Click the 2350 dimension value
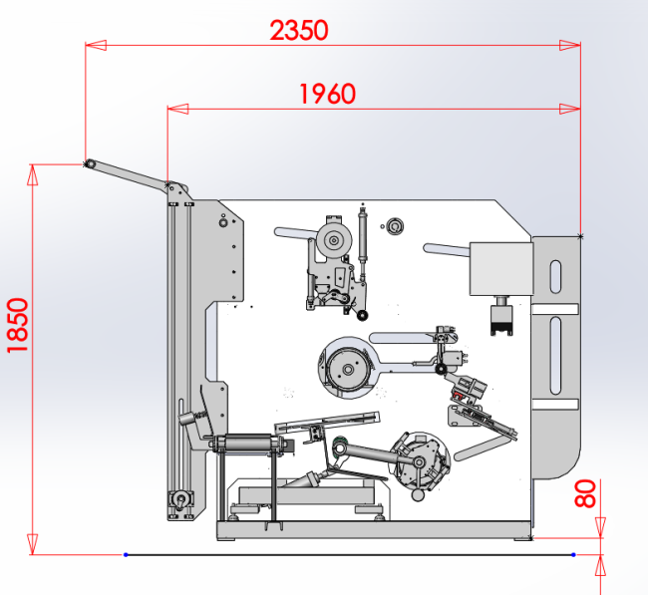[x=299, y=30]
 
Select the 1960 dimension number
[x=327, y=94]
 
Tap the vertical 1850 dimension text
[x=18, y=325]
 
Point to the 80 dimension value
[x=585, y=493]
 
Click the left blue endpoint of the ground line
[x=126, y=555]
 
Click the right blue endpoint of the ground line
[x=573, y=555]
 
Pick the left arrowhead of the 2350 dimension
[x=96, y=45]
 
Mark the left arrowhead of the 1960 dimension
[x=178, y=109]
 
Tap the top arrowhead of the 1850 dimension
[x=32, y=174]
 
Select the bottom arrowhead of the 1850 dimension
[x=32, y=544]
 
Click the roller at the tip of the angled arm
[x=90, y=164]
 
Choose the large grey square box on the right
[x=501, y=269]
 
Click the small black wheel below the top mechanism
[x=363, y=316]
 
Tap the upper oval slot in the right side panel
[x=556, y=277]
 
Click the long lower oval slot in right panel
[x=556, y=356]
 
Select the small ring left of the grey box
[x=395, y=226]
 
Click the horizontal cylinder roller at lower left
[x=248, y=443]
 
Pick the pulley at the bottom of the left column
[x=180, y=498]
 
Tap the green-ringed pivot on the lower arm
[x=340, y=447]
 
